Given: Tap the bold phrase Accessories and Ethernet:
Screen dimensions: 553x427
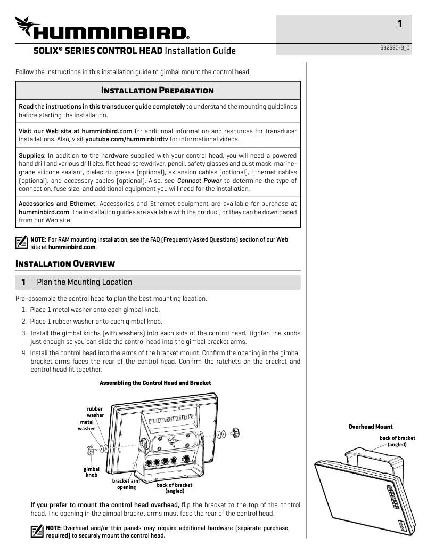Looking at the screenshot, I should (58, 204).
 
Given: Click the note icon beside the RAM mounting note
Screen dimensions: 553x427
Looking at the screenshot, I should (21, 243).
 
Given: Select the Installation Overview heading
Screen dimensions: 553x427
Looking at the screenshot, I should (65, 263).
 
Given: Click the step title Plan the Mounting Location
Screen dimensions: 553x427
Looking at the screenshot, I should (84, 282).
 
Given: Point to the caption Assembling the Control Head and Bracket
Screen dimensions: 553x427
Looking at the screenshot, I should (155, 383).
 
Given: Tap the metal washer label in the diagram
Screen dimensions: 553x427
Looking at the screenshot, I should (86, 425).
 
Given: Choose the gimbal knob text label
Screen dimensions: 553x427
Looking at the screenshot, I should (92, 472).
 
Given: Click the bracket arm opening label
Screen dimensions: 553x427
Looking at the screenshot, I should (127, 484).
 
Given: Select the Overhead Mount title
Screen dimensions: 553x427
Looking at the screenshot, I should (371, 427).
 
